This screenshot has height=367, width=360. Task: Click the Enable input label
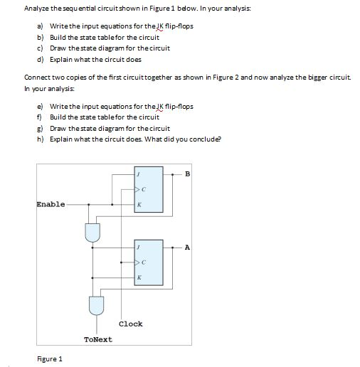point(50,204)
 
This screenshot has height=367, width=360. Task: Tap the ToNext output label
point(97,339)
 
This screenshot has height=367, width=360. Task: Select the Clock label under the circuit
point(130,324)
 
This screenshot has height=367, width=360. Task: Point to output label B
point(187,173)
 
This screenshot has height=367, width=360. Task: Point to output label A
point(187,248)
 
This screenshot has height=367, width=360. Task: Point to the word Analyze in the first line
point(37,8)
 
